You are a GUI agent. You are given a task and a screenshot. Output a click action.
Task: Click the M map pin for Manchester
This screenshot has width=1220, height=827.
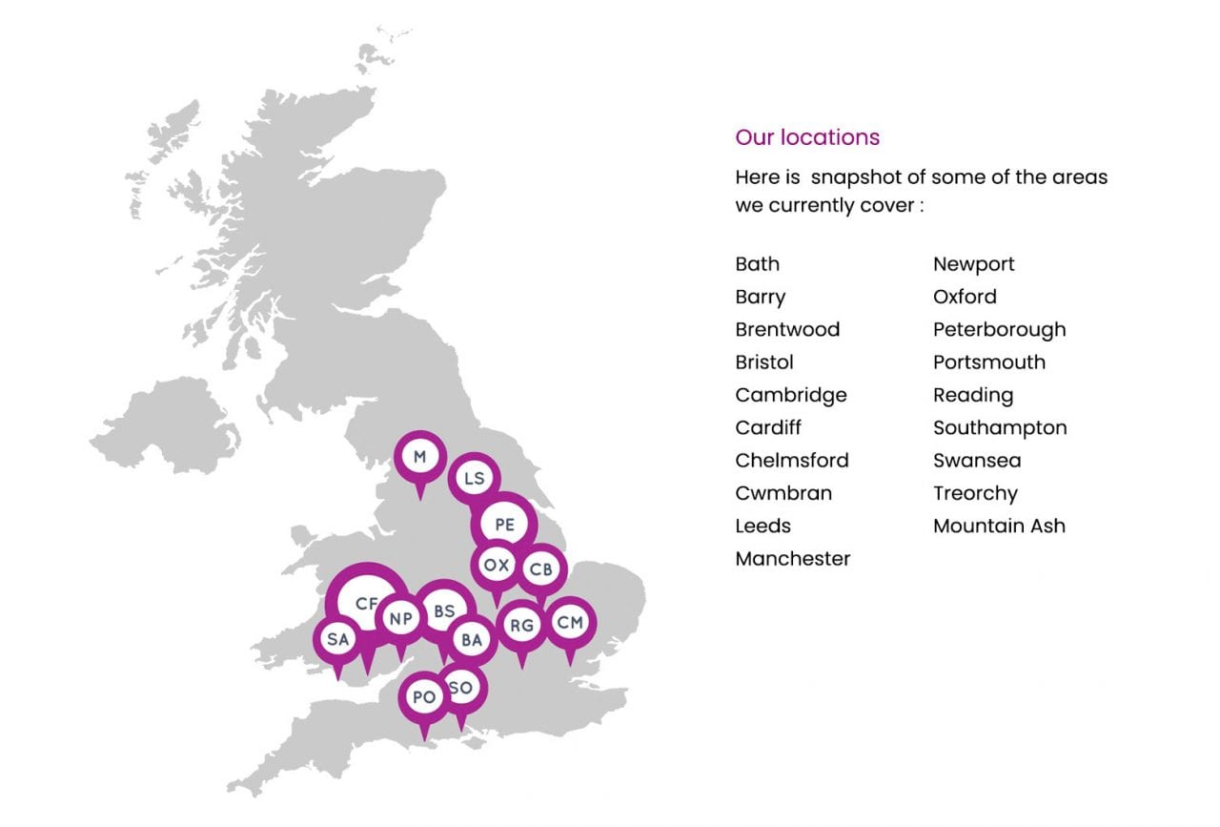tap(419, 457)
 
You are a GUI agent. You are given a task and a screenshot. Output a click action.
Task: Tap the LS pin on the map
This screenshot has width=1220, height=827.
tap(474, 478)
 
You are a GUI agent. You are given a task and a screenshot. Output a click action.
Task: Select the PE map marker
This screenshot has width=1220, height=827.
tap(504, 524)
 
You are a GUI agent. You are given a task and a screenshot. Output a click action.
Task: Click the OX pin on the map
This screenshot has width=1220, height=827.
tap(496, 565)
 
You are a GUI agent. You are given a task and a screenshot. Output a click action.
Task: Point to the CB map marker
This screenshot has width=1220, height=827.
tap(540, 569)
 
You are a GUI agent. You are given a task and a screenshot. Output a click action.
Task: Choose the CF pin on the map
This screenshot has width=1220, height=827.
tap(366, 604)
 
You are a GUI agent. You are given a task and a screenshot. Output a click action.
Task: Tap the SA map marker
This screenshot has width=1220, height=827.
tap(337, 639)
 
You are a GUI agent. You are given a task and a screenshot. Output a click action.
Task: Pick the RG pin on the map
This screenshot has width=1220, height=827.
tap(521, 626)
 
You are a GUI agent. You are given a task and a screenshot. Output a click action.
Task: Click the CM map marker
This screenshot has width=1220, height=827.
tap(570, 623)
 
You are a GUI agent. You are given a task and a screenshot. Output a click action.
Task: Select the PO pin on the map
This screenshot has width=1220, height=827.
tap(424, 697)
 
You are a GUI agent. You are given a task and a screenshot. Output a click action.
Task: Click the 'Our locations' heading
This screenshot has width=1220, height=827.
tap(807, 137)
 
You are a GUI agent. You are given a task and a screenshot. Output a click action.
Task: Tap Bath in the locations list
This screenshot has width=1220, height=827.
tap(757, 264)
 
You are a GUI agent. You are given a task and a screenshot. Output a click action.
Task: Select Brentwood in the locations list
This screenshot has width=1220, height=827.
tap(787, 330)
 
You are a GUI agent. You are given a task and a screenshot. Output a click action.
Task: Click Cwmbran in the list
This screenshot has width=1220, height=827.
tap(783, 493)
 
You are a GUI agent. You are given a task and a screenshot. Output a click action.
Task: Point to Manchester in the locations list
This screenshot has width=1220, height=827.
tap(792, 559)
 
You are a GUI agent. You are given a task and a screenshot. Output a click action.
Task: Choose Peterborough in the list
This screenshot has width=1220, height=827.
tap(999, 330)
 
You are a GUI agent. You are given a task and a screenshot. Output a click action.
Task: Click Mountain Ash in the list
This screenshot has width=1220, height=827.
tap(999, 526)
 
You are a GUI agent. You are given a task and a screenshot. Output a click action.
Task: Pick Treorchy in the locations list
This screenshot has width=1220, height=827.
tap(975, 493)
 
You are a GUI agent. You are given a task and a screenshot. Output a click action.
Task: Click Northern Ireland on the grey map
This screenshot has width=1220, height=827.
tap(162, 424)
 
